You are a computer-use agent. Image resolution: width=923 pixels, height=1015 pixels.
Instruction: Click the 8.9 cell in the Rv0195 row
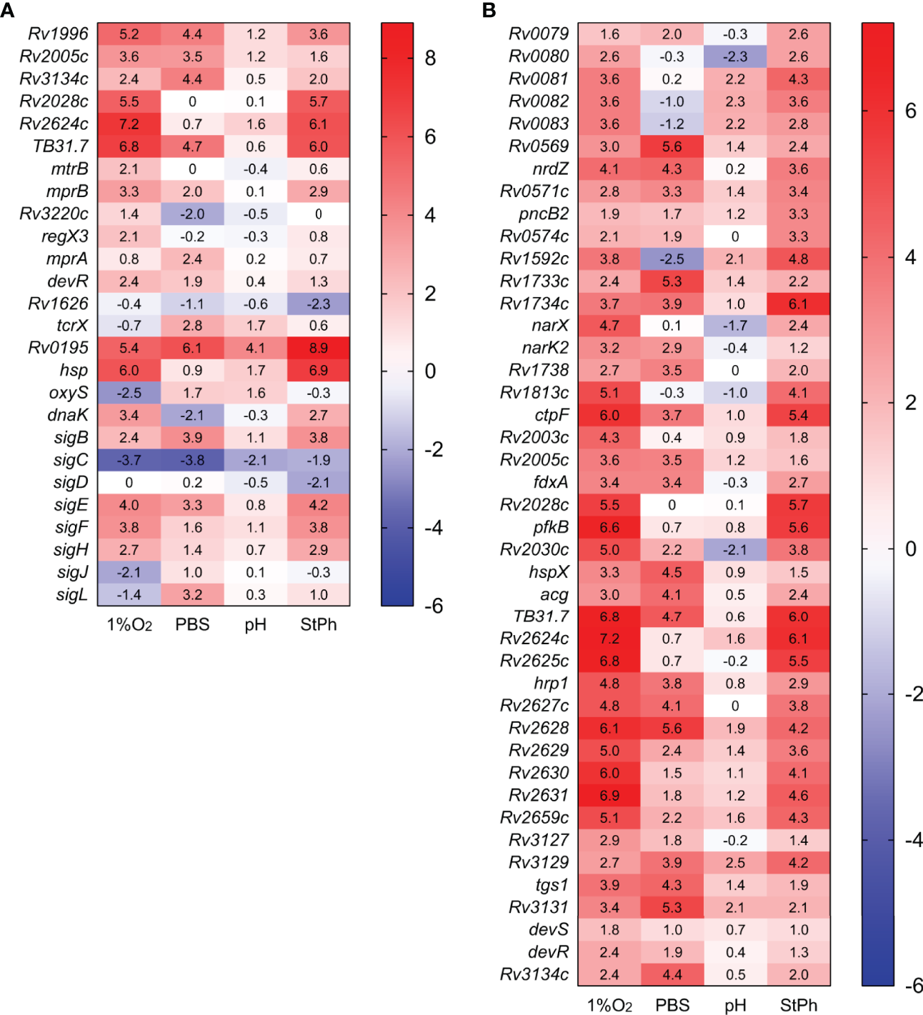tap(319, 348)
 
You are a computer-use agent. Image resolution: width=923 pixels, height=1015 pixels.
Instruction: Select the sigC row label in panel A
tap(71, 460)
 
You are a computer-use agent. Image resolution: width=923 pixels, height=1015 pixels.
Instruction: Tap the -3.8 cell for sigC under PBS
tap(192, 460)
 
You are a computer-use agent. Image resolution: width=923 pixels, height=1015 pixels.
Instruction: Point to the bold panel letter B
tap(489, 10)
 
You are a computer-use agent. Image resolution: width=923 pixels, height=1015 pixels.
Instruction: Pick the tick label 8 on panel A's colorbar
tap(430, 59)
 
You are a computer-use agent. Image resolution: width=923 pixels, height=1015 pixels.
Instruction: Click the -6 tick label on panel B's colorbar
tap(913, 986)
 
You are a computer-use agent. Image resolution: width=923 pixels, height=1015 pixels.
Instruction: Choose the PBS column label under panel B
tap(672, 1005)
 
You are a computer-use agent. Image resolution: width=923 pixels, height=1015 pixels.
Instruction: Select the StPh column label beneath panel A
tap(319, 624)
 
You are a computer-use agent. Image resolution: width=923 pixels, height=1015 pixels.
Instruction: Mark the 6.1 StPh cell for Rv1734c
tap(799, 304)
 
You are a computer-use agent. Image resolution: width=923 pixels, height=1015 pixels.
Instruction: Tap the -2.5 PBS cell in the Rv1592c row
tap(672, 259)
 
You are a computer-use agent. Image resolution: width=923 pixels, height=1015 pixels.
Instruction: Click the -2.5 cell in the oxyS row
tap(129, 393)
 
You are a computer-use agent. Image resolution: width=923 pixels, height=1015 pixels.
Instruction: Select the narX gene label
tap(550, 326)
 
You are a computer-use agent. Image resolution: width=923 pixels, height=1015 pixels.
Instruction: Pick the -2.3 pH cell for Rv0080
tap(735, 56)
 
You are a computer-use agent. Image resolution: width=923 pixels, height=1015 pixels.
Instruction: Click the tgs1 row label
tap(552, 885)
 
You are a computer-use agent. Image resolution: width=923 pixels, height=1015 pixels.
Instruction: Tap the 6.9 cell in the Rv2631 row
tap(609, 795)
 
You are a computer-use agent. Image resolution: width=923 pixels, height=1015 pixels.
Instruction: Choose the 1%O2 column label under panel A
tap(129, 625)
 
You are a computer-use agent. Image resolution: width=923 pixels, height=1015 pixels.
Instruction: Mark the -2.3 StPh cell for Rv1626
tap(319, 304)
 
